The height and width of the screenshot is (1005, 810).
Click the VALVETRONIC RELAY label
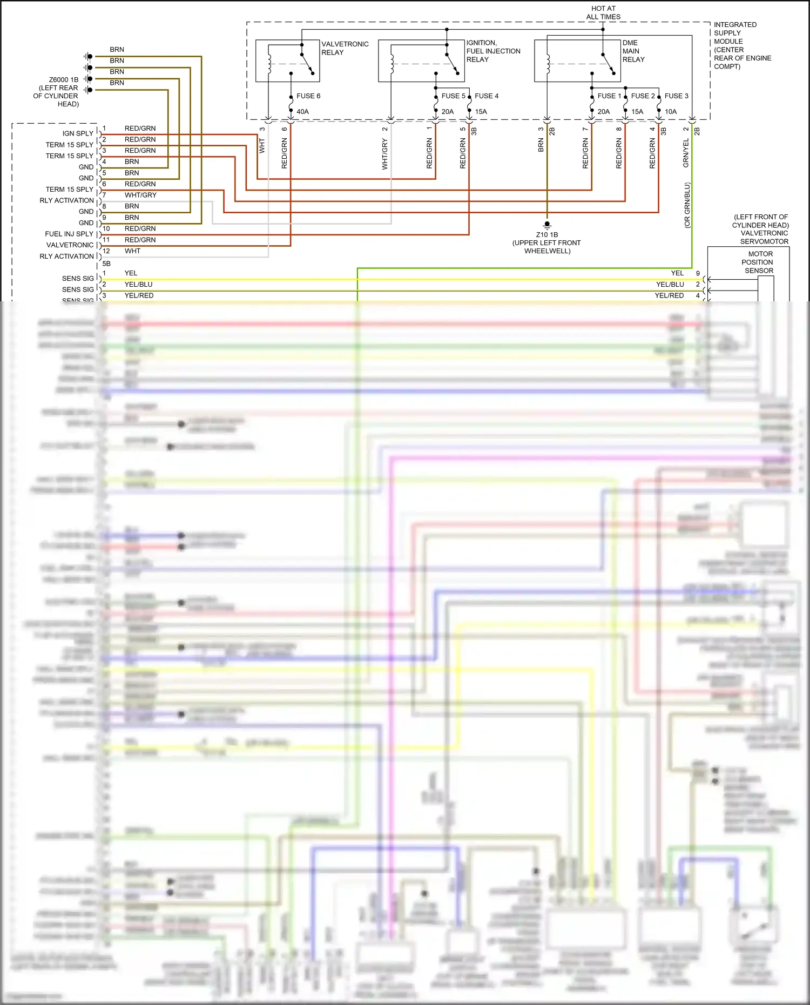tap(345, 48)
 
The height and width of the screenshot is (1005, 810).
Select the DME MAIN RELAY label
tap(633, 51)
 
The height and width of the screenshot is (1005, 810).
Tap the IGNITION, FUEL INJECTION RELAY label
tap(493, 51)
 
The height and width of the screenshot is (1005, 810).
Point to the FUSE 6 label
tap(308, 96)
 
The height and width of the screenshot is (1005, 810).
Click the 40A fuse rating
tap(302, 112)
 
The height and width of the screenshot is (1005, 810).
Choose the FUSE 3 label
tap(676, 96)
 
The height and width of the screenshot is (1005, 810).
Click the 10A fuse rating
tap(671, 112)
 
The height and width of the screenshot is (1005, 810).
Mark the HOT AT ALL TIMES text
tap(603, 12)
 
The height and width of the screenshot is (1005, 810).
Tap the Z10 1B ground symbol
tap(547, 224)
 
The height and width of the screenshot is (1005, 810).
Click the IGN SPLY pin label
tap(78, 133)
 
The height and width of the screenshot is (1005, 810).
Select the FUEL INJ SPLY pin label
tap(69, 234)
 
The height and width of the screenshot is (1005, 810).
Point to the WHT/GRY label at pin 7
tap(140, 195)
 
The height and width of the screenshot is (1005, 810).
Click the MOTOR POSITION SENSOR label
tap(760, 262)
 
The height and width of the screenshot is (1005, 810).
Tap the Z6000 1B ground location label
tap(56, 92)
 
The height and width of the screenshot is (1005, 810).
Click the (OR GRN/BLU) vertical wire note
tap(687, 205)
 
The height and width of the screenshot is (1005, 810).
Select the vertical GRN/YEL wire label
tap(686, 153)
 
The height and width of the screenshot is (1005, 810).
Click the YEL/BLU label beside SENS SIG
tap(138, 285)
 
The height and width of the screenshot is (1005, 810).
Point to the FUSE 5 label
tap(453, 96)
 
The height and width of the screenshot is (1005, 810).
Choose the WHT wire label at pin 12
tap(132, 251)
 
